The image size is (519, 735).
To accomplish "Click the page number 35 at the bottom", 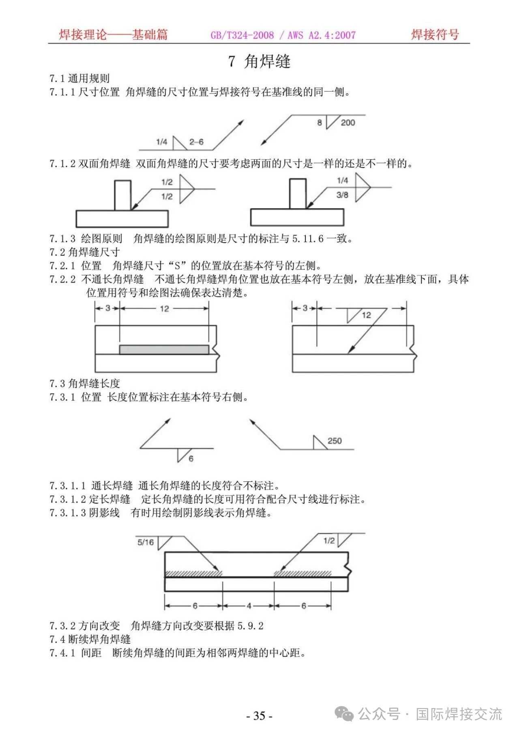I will click(259, 715).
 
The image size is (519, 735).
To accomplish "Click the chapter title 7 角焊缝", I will click(259, 61).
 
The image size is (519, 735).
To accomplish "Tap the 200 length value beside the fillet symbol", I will click(347, 123).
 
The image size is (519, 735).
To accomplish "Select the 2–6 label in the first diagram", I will click(196, 142).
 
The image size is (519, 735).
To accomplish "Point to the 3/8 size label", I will click(342, 195).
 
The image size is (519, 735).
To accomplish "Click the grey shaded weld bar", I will click(164, 349).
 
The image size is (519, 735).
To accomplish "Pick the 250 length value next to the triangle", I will click(335, 441).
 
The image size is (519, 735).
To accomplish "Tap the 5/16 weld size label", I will click(146, 542).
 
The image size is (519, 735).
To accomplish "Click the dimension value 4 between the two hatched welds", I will click(249, 606).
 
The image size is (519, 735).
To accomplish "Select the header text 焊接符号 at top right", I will click(435, 35).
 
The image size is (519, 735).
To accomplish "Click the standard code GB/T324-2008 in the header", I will click(242, 35).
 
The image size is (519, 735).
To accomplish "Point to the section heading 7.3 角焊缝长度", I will click(85, 384).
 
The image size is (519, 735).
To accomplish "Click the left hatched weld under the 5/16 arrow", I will click(194, 573).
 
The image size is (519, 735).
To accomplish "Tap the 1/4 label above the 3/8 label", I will click(342, 180).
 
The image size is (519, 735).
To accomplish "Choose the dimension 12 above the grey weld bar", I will click(164, 309).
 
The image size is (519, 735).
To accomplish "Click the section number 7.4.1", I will click(62, 653).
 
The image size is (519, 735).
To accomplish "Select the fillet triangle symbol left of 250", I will click(319, 443).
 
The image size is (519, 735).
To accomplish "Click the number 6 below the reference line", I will click(191, 459).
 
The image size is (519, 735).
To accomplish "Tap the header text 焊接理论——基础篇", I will click(113, 35).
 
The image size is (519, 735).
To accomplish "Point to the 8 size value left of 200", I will click(320, 123).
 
